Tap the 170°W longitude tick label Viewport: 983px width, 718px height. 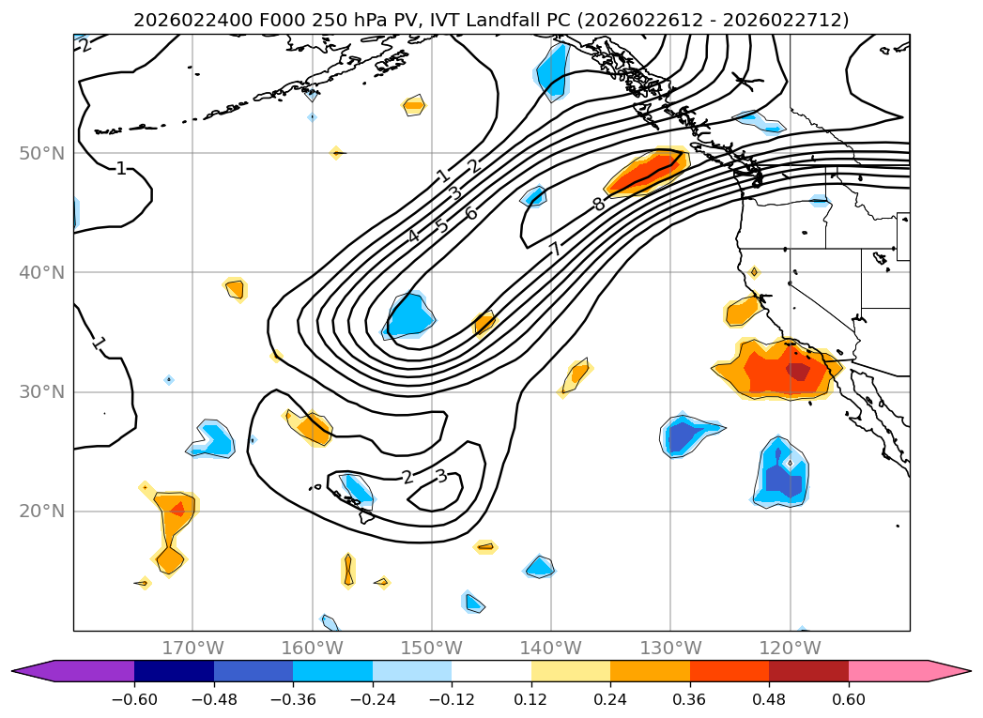pos(192,648)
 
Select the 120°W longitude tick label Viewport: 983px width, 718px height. pos(790,648)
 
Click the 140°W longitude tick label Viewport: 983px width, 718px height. pos(551,648)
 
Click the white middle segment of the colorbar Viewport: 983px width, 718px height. pos(491,670)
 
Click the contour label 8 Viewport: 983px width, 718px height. pos(598,204)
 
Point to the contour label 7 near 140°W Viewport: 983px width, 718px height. pos(556,249)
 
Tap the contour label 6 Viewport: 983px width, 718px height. pos(471,214)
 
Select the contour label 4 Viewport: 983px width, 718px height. pos(413,236)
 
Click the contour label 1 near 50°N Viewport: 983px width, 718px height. pos(120,169)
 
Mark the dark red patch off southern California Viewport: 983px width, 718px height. pos(798,372)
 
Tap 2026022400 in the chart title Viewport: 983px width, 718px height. pos(181,20)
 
